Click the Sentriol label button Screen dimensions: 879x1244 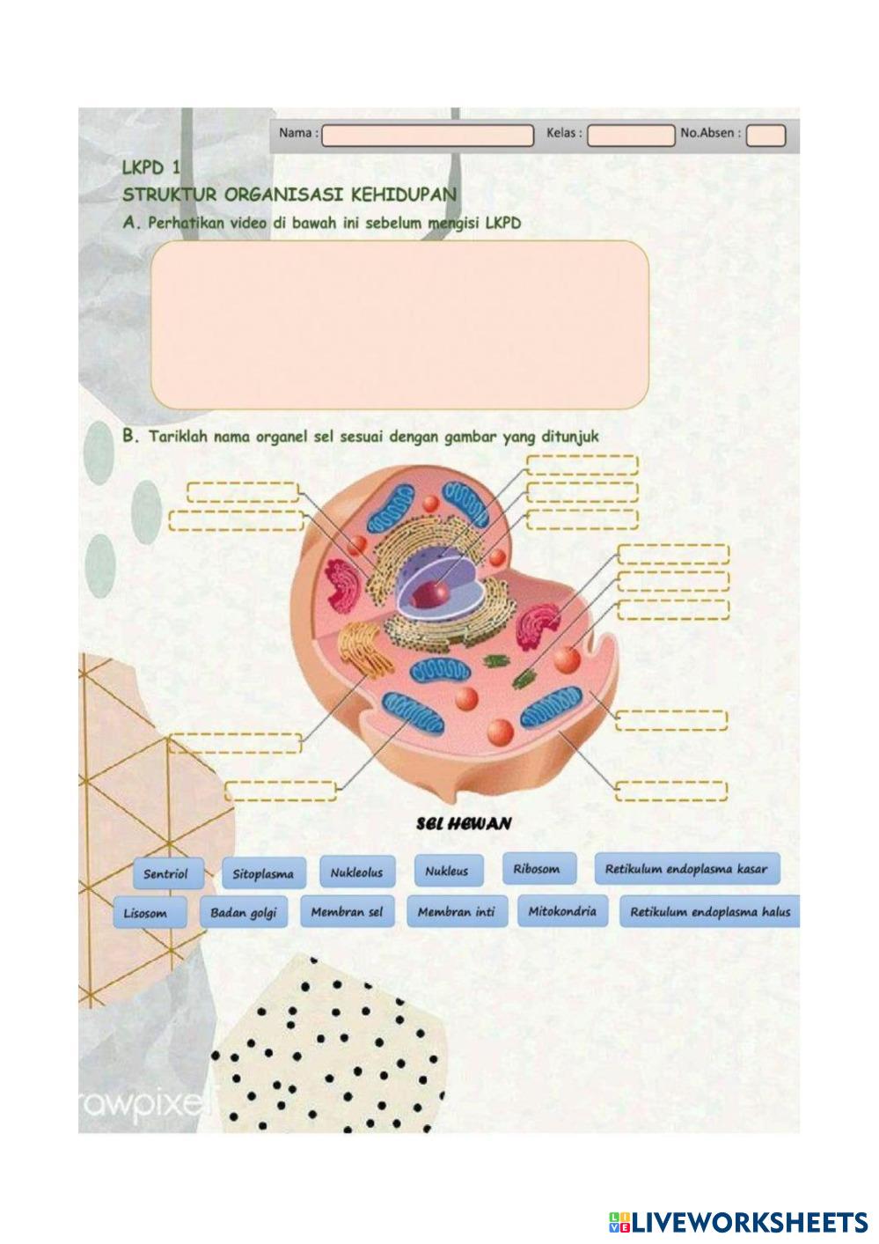coord(165,873)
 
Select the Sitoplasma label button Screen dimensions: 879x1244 coord(262,874)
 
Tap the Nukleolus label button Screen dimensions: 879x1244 coord(356,872)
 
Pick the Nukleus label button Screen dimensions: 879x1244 coord(446,871)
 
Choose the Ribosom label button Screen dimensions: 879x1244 coord(536,869)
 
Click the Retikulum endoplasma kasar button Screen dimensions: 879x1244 coord(685,869)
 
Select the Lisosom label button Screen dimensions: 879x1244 coord(145,913)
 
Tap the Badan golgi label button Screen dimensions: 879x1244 coord(243,913)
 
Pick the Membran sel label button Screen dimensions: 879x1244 coord(347,912)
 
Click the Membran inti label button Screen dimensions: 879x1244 coord(456,912)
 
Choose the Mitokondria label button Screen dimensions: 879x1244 coord(561,911)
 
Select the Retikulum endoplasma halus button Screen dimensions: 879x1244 coord(709,912)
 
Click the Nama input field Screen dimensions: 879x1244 coord(428,136)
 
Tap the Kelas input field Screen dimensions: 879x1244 coord(630,136)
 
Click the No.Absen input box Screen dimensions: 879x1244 coord(765,136)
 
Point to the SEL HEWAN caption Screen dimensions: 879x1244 coord(463,824)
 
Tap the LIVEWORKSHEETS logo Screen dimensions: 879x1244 coord(738,1221)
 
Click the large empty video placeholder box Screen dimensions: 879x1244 coord(399,325)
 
